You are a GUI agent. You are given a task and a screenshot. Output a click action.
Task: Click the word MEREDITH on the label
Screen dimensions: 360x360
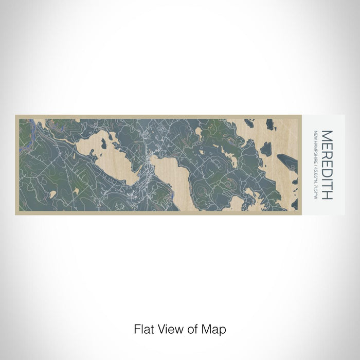click(x=327, y=165)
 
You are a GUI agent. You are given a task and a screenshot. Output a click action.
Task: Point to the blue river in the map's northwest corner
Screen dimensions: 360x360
click(x=28, y=126)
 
